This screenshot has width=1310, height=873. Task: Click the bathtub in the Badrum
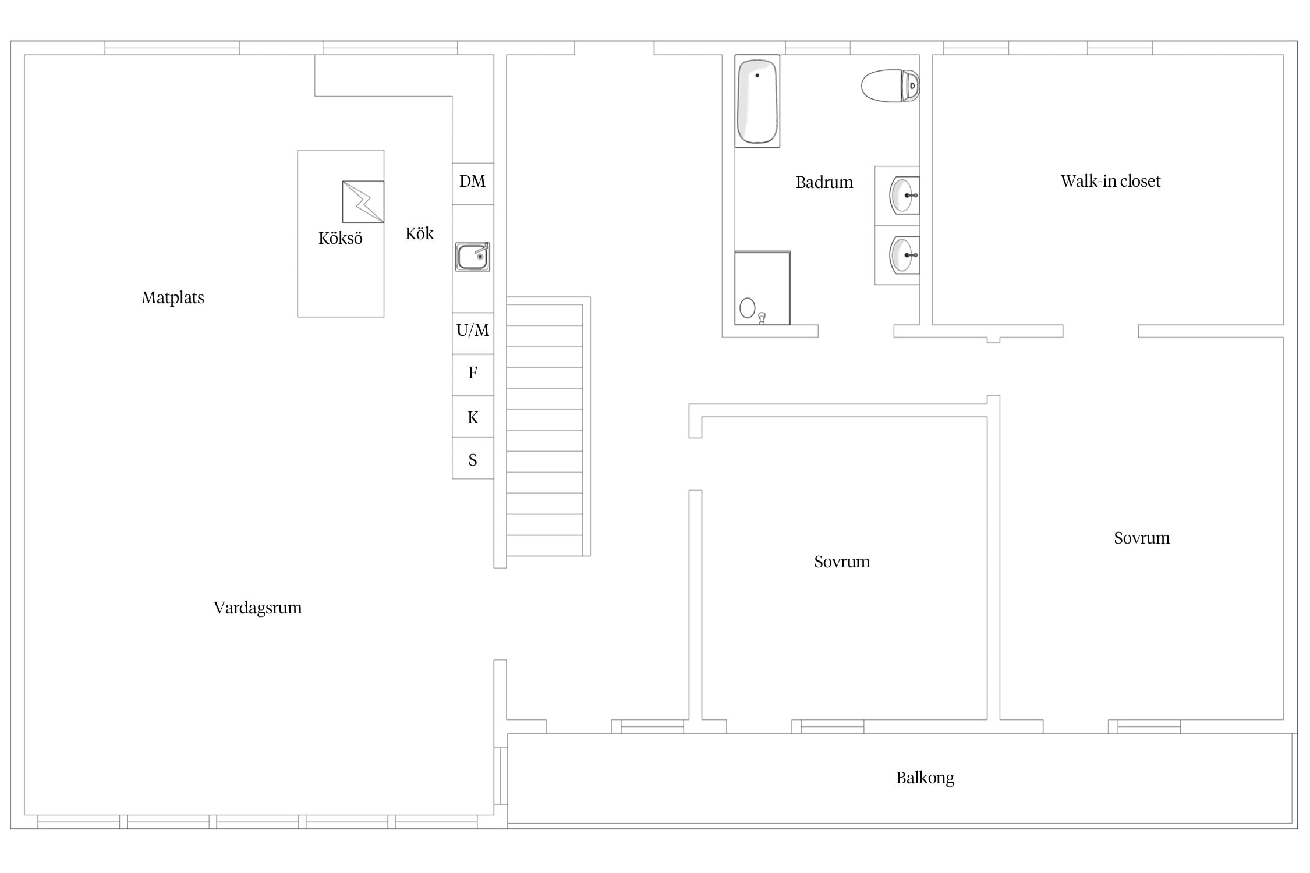click(x=757, y=101)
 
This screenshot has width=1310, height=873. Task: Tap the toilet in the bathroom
click(x=890, y=86)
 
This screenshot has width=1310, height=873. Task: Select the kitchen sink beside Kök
click(x=472, y=257)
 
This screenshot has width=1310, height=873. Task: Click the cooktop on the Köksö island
click(x=363, y=202)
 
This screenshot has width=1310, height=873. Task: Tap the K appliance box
click(x=473, y=417)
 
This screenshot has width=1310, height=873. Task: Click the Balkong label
click(x=925, y=778)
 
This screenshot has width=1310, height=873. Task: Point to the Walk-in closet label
click(x=1110, y=182)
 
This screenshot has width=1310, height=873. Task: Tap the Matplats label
click(x=173, y=298)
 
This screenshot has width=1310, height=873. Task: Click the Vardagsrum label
click(x=257, y=608)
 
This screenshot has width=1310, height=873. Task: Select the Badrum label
click(x=824, y=183)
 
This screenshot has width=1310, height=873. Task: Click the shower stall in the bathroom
click(x=763, y=288)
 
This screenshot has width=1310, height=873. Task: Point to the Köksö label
click(x=341, y=238)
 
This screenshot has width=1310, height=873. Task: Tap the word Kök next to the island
click(x=420, y=233)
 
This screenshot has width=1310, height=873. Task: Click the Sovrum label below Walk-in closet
click(x=1142, y=538)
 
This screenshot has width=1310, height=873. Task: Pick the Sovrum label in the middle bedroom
click(x=842, y=562)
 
